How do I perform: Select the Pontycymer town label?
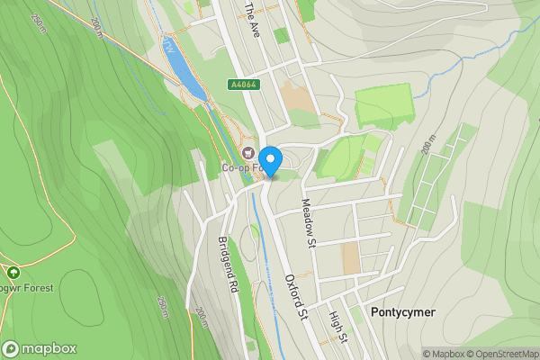402,312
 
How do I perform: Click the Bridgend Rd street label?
227,261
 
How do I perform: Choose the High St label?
337,327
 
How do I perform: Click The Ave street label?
250,10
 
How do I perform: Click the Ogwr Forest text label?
27,288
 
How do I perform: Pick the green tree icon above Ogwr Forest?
13,272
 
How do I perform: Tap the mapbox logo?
40,348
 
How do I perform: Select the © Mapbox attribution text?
447,354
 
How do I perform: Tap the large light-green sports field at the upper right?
383,108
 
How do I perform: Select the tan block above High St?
350,258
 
